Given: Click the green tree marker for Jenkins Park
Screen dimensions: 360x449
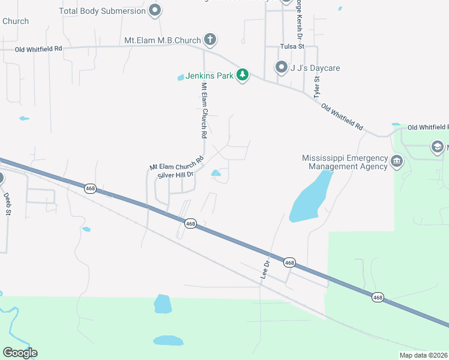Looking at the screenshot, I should click(242, 76).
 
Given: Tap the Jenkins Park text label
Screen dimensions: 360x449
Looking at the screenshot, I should click(209, 76).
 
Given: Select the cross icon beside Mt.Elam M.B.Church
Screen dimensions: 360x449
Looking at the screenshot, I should click(209, 40).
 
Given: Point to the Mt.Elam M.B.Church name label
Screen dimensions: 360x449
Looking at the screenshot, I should click(162, 41).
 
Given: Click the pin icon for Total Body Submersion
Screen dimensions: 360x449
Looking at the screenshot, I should click(155, 10).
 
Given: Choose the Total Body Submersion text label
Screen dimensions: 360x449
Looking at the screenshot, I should click(103, 11).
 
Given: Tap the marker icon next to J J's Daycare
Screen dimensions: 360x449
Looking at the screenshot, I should click(281, 67).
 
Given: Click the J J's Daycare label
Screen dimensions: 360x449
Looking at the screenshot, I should click(315, 68).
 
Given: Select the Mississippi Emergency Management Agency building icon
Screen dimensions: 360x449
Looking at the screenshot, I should click(396, 161).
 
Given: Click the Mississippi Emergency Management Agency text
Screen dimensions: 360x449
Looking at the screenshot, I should click(345, 162).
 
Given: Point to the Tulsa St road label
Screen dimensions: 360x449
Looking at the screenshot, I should click(293, 46).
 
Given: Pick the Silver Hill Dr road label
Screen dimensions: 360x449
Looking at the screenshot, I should click(175, 175).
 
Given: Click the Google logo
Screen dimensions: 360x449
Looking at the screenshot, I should click(20, 353).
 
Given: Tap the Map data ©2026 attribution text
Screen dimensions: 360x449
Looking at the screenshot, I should click(423, 355).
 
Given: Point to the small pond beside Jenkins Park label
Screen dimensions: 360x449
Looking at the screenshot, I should click(181, 77).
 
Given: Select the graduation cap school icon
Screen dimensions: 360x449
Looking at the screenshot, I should click(438, 147).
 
